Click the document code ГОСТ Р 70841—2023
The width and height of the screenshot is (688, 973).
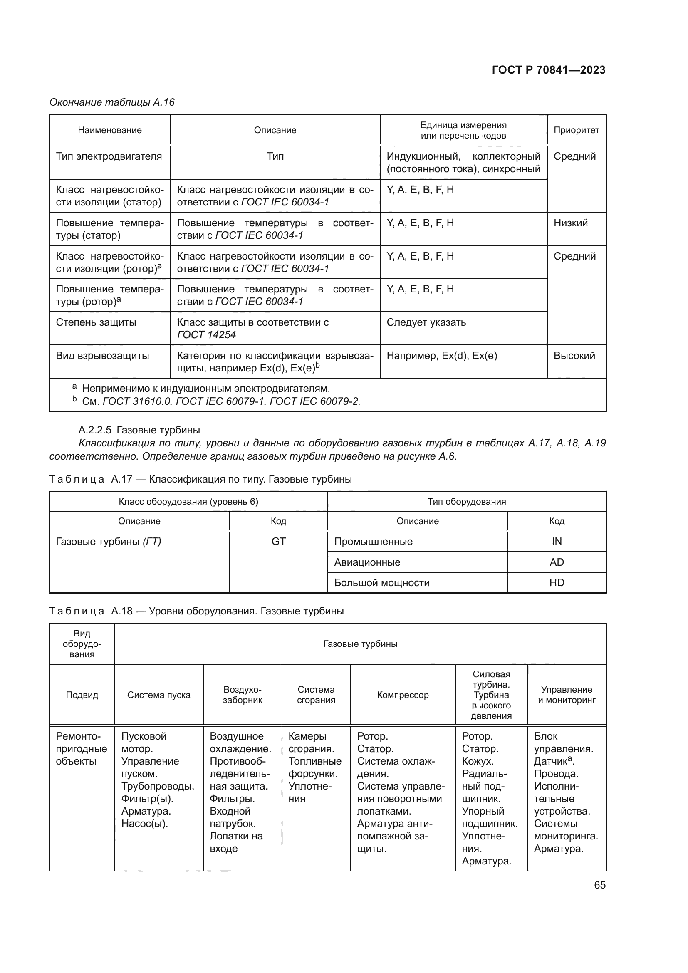tap(548, 70)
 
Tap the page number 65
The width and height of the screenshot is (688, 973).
tap(599, 885)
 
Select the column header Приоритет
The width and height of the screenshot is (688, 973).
tap(576, 130)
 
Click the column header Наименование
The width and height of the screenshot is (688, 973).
tap(110, 130)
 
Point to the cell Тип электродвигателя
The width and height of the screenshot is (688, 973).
tap(109, 156)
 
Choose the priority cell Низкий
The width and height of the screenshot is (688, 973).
tap(570, 223)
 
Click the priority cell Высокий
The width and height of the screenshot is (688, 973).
tap(574, 356)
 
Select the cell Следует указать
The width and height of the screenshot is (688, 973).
tap(426, 322)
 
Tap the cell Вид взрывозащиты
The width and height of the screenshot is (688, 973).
tap(102, 356)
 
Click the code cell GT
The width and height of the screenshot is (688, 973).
tap(278, 542)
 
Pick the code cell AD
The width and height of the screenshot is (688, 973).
tap(556, 562)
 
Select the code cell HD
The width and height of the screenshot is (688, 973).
tap(556, 583)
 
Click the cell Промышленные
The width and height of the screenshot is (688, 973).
tap(373, 542)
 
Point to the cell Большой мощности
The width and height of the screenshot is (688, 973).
tap(382, 583)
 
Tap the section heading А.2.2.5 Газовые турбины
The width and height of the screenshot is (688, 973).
tap(139, 430)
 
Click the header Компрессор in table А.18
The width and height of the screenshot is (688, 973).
tap(403, 695)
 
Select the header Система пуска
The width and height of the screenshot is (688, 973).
tap(159, 695)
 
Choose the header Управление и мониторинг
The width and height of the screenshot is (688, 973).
tap(567, 695)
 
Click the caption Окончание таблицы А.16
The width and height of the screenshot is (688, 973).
tap(112, 102)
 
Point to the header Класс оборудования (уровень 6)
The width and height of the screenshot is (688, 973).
tap(188, 502)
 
